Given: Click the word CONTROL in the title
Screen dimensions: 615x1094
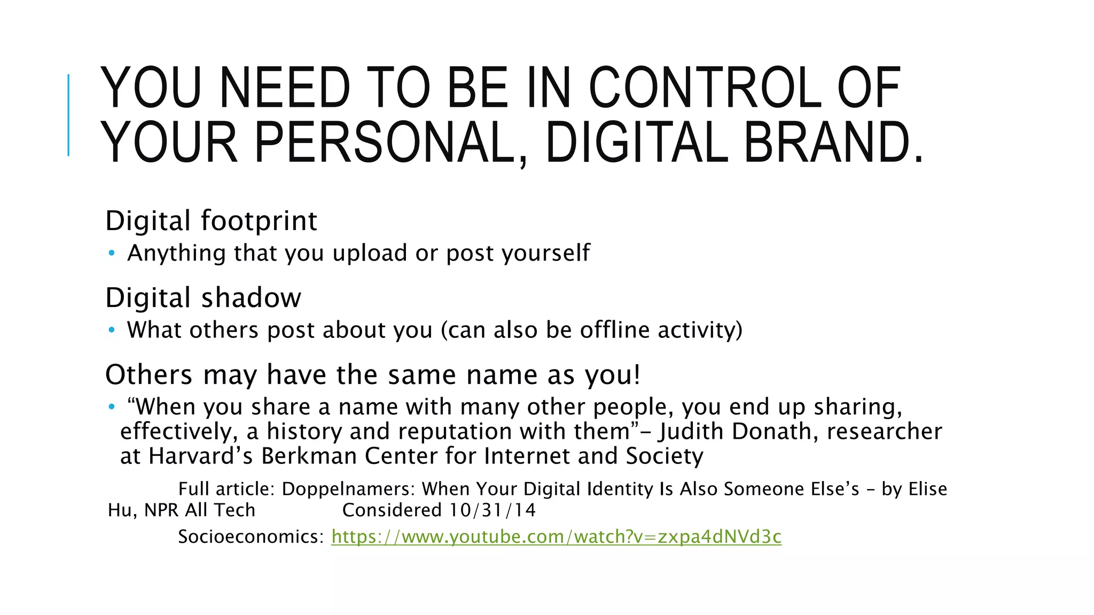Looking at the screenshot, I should point(705,88).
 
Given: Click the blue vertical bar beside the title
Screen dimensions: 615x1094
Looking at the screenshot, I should point(68,115).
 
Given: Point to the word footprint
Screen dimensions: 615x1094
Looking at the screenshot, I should point(259,221).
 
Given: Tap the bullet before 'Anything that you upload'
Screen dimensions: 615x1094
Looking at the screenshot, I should point(111,254).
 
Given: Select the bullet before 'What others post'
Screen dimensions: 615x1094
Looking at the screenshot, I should point(111,330).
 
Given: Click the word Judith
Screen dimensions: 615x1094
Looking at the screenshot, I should point(691,431).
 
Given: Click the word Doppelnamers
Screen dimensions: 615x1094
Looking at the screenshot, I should point(348,489).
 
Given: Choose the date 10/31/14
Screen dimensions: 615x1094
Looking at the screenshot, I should point(492,510).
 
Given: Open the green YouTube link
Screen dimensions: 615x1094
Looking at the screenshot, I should point(556,537).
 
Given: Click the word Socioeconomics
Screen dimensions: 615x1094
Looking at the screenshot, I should point(251,537).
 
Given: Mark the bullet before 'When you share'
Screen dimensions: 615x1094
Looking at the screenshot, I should point(111,407).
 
